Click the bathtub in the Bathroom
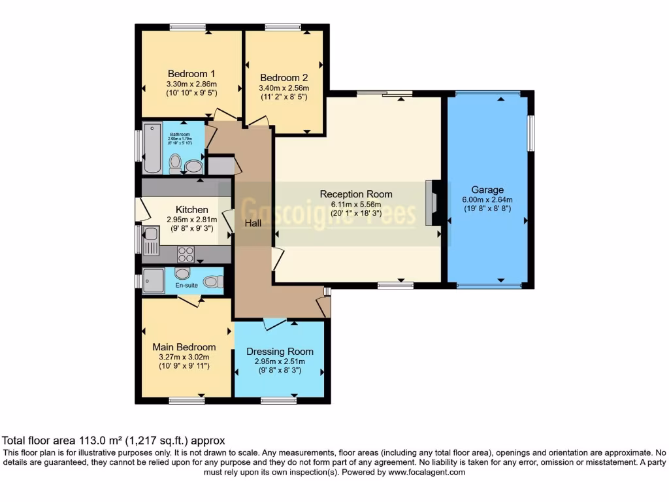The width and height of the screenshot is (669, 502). coord(152,148)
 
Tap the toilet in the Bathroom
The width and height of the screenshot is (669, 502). coord(174,163)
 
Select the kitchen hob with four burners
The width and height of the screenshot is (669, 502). coord(186,253)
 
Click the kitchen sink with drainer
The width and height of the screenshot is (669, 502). coord(150,241)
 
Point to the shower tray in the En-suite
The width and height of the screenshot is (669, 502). coord(153,279)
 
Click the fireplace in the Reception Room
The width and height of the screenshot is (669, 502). coord(431,203)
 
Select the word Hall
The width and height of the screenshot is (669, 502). coord(253,224)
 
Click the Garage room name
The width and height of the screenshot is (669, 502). coord(487,190)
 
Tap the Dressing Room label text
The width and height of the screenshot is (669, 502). coord(280,352)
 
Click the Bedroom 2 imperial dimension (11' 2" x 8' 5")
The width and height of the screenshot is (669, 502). coord(284,97)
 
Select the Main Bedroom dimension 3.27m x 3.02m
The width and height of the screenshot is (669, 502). coord(184,357)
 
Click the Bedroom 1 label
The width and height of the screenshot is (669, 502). coord(191,74)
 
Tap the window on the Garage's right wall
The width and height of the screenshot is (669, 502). coord(531,132)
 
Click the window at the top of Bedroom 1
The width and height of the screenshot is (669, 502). coord(188,27)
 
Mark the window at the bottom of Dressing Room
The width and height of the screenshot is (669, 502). coord(278,399)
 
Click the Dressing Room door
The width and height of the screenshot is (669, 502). coord(275,324)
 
